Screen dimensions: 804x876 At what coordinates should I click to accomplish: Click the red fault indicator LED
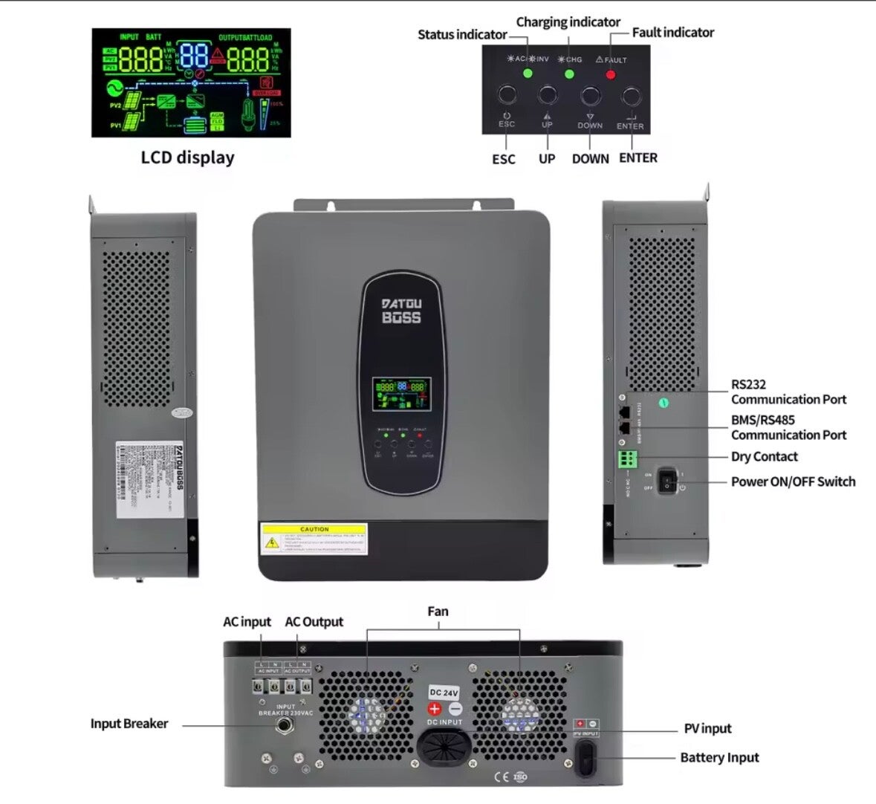pos(611,74)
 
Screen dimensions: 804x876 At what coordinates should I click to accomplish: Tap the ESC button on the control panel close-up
pos(507,95)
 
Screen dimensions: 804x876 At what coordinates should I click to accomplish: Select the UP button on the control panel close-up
pos(548,95)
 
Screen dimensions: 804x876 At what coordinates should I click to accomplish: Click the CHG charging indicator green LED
pos(569,74)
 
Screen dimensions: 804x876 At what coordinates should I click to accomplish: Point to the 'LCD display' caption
pos(187,158)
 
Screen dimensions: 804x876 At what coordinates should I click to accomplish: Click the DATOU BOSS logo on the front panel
pos(401,311)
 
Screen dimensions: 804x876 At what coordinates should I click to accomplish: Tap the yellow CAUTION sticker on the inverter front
pos(314,539)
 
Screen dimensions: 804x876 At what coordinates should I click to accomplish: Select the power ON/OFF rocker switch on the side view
pos(667,480)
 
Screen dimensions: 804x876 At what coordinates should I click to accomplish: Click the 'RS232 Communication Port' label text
pos(788,392)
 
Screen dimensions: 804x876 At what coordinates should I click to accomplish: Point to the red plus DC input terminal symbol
pos(435,709)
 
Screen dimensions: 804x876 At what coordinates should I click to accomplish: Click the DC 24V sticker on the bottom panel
pos(444,693)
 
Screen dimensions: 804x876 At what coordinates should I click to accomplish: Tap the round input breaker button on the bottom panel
pos(284,724)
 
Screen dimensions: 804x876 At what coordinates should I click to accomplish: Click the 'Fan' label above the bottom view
pos(438,612)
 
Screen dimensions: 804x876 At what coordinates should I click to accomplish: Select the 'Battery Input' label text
pos(719,758)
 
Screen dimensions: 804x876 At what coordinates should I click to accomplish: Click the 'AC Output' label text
pos(314,622)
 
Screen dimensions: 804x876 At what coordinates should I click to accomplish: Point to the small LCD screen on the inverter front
pos(401,394)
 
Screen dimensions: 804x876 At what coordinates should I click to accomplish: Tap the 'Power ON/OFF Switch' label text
pos(793,482)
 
